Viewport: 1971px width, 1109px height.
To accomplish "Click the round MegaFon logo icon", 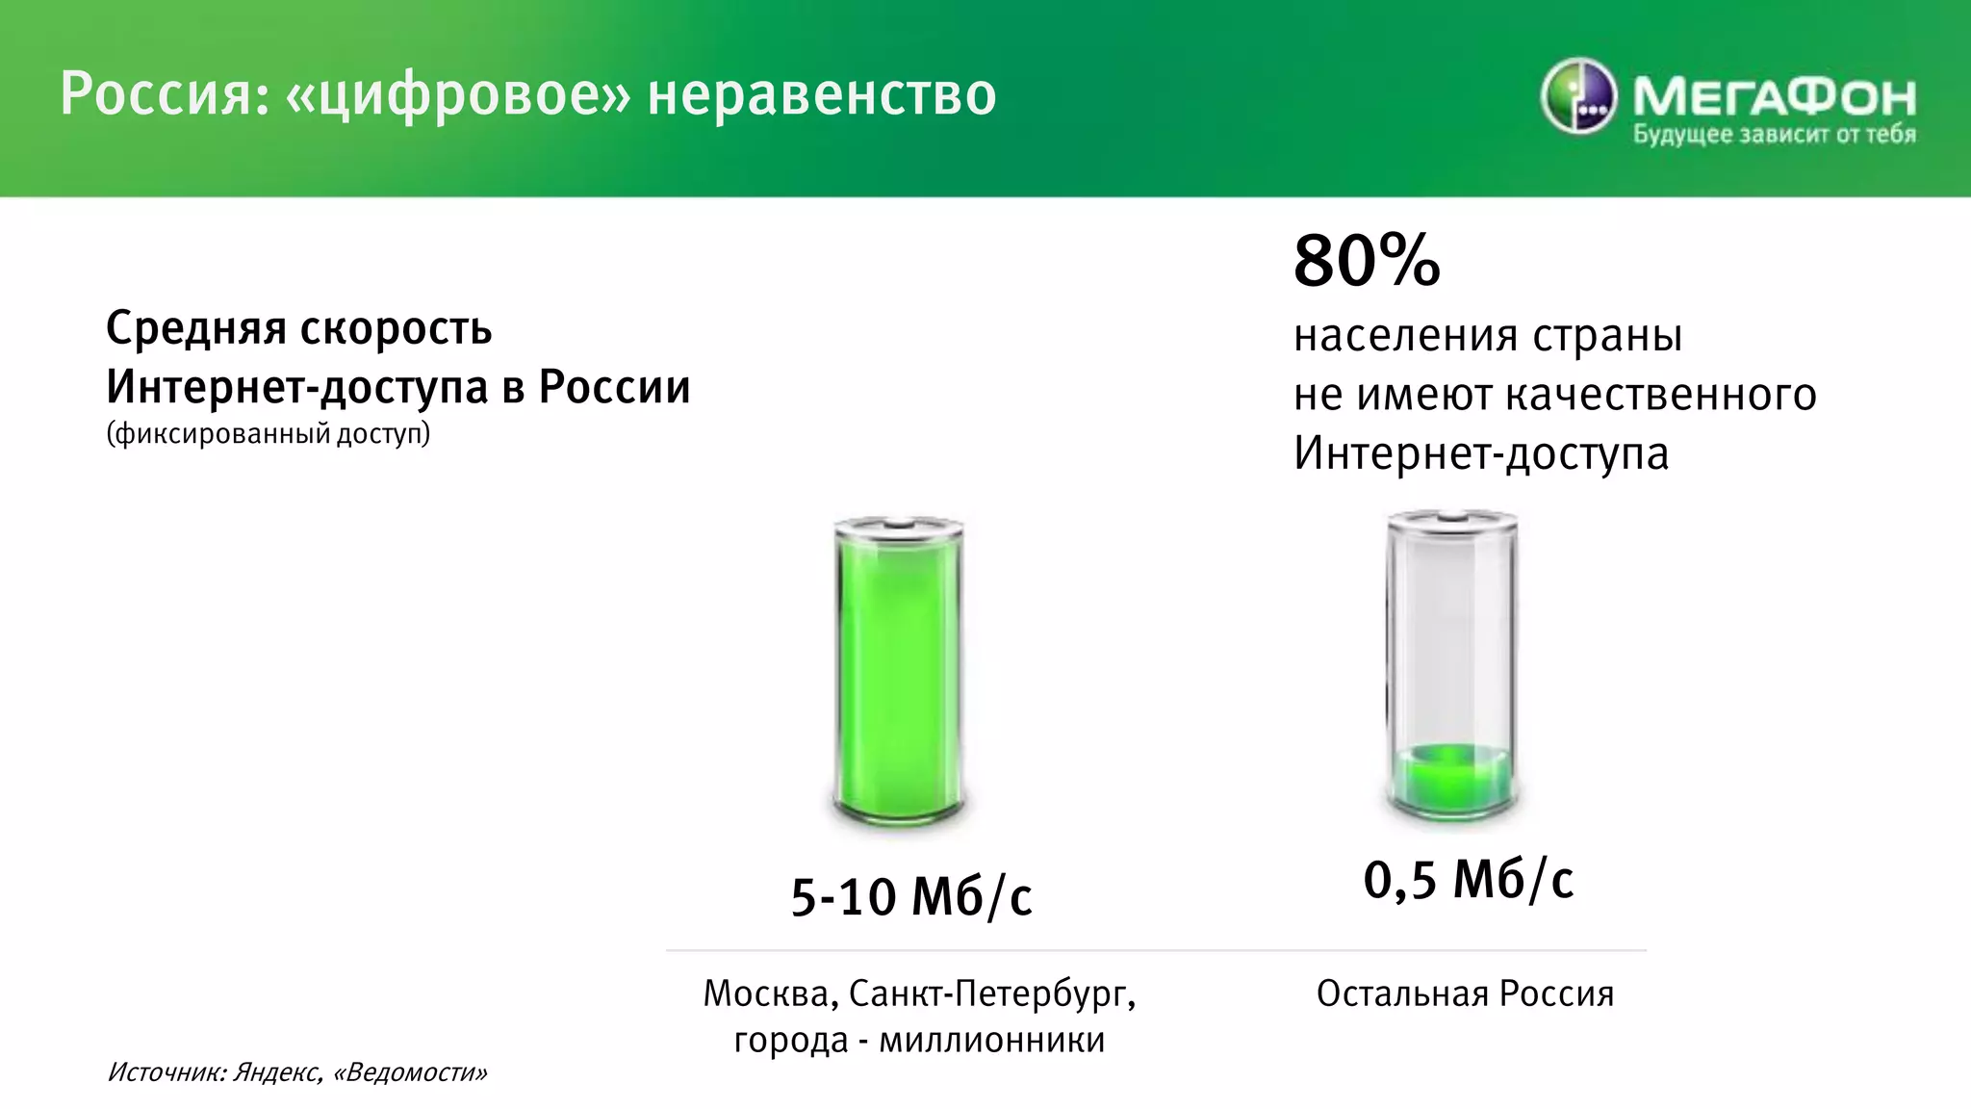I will (1578, 96).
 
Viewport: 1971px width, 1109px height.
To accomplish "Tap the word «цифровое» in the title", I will (459, 95).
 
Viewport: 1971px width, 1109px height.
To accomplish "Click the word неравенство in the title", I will (822, 95).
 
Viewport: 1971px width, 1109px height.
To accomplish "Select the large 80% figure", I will (1367, 261).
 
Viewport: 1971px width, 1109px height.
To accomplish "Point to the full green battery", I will (899, 674).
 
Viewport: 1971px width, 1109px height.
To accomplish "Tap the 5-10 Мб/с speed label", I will (911, 897).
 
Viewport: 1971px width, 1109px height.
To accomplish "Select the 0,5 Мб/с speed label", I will (1469, 880).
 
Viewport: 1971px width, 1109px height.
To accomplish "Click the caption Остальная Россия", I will (1465, 993).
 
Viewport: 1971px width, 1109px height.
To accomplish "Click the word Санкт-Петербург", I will (991, 993).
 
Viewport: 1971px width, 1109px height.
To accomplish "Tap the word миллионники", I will (992, 1041).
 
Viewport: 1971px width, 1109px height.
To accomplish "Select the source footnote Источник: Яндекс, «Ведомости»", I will (297, 1072).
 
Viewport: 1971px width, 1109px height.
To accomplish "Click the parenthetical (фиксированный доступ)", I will (269, 434).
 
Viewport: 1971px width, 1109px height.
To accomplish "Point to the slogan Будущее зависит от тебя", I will (1774, 135).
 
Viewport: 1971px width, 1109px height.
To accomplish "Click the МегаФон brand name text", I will (1774, 95).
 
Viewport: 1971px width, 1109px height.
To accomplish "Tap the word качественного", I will (1659, 395).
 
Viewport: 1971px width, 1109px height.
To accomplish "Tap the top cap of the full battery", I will (899, 526).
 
